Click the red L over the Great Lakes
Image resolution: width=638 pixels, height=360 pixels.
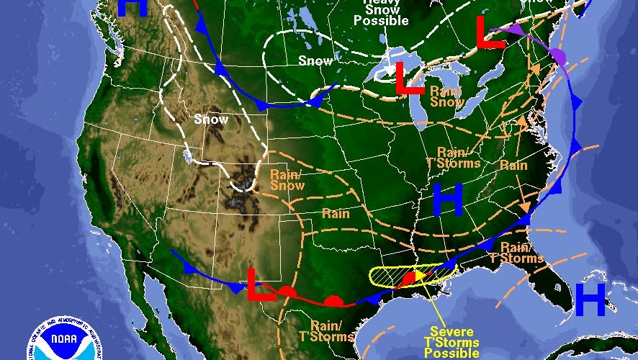(x=410, y=78)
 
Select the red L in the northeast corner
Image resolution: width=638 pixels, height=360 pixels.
(x=490, y=32)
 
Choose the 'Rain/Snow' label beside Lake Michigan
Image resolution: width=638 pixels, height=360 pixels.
(x=446, y=96)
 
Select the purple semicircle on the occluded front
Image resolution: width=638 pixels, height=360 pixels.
(x=559, y=55)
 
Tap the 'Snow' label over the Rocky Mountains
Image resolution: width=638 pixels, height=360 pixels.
(x=211, y=120)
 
